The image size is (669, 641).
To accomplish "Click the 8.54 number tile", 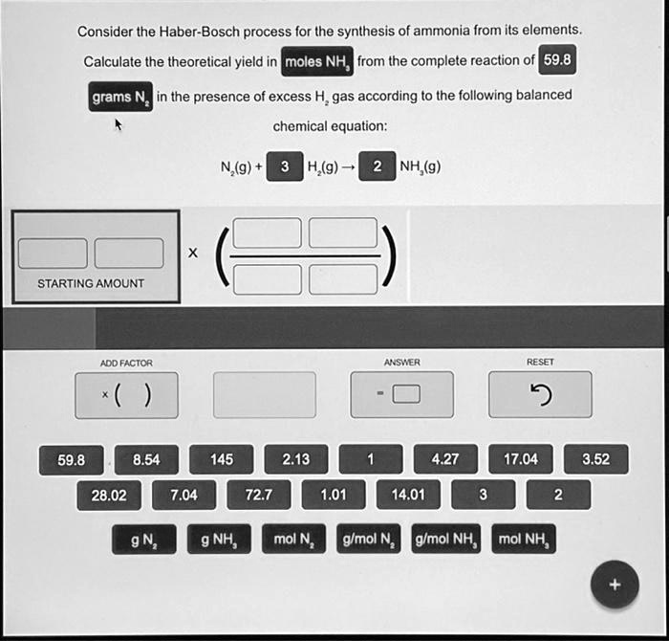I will (146, 459).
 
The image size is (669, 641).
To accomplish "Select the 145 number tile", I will (222, 459).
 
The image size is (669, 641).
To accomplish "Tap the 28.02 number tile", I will (108, 495).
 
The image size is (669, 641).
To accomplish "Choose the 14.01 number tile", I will (408, 495).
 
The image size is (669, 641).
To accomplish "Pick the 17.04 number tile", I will (520, 459).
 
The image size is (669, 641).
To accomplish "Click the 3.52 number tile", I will (595, 459).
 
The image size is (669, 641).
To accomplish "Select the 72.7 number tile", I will (258, 495).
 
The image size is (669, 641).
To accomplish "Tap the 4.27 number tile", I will (445, 459).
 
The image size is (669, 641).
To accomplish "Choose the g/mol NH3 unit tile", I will (445, 540).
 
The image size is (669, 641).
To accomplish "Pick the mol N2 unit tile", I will (294, 540).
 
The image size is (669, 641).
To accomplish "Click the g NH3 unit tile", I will (221, 540).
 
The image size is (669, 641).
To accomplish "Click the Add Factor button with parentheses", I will (126, 395).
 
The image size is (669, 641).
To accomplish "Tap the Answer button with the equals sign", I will (401, 395).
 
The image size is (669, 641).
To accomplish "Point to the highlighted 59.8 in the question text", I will (556, 61).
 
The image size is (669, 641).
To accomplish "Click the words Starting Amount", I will (91, 283).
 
